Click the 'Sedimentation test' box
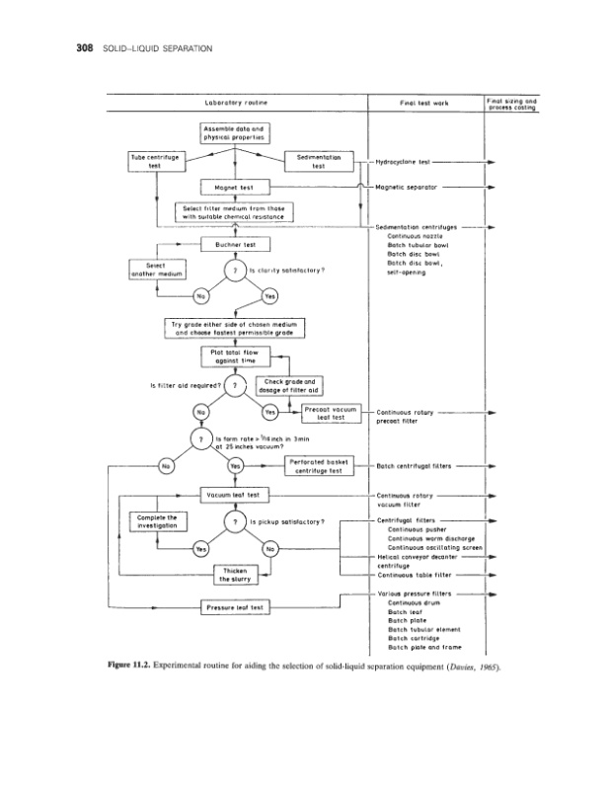coord(318,161)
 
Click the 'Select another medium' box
coord(154,270)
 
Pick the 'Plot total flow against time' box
coord(235,355)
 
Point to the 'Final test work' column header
coord(425,103)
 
